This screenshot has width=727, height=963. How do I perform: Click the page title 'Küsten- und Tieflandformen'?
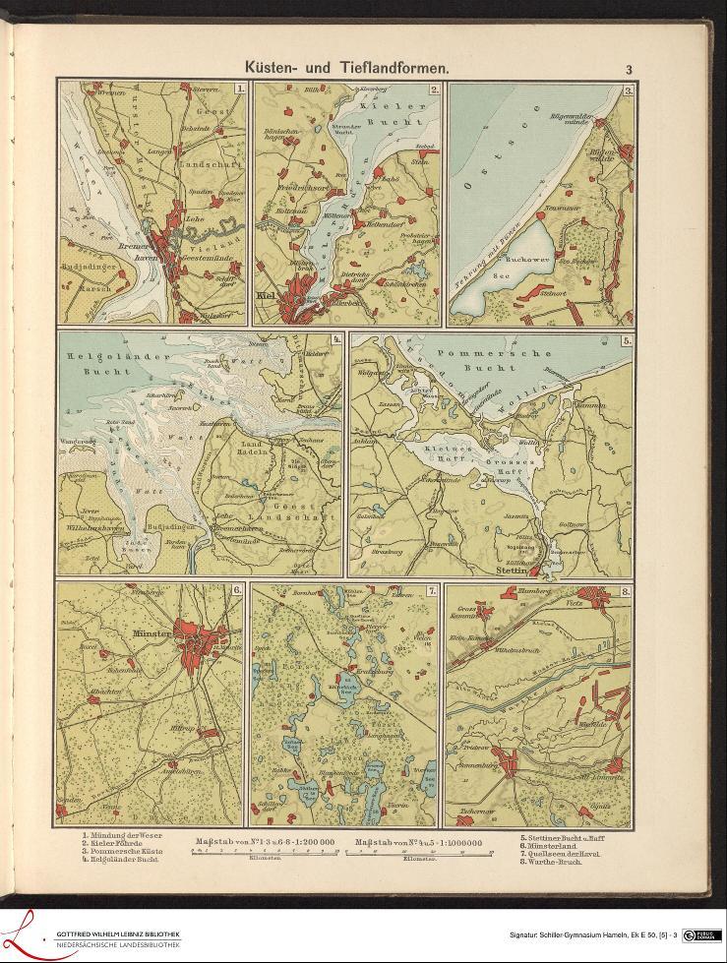click(x=347, y=68)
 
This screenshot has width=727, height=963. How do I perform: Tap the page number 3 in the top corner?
click(x=628, y=69)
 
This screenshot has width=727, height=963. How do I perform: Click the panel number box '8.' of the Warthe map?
click(x=625, y=591)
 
